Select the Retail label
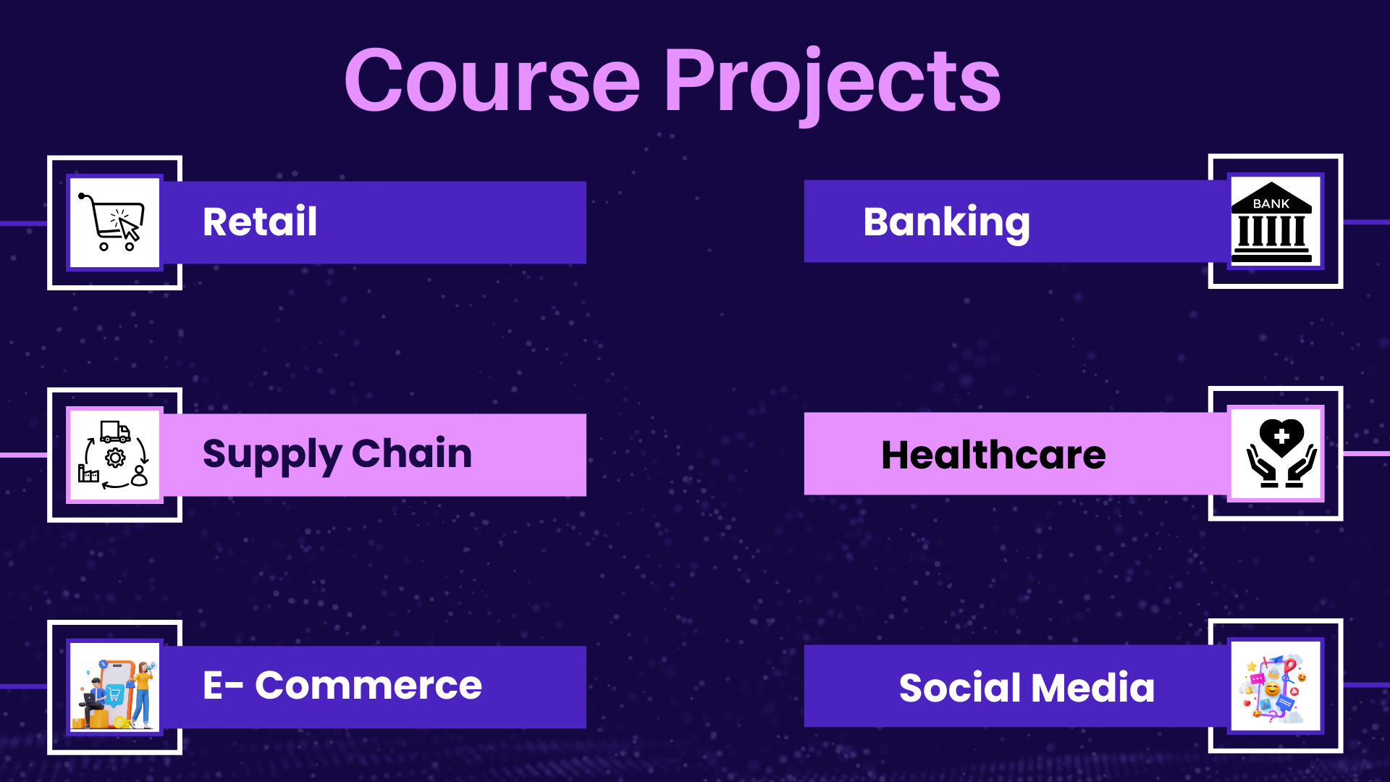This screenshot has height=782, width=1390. pos(260,222)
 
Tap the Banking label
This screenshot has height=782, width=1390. pos(946,223)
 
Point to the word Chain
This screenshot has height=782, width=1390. pos(412,454)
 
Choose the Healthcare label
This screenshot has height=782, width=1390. pos(993,455)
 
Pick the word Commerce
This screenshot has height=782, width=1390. pos(368,686)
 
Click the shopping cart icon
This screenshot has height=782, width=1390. pos(113,222)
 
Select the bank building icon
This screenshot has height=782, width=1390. pos(1272,222)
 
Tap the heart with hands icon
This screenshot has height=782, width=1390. pos(1281,453)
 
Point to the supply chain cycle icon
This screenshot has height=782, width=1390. pos(114,454)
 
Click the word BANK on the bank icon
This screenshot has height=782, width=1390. pos(1271,204)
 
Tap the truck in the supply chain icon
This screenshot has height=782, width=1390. pos(115,432)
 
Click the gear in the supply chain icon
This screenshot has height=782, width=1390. pos(115,458)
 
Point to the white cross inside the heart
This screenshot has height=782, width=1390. pos(1281,437)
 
